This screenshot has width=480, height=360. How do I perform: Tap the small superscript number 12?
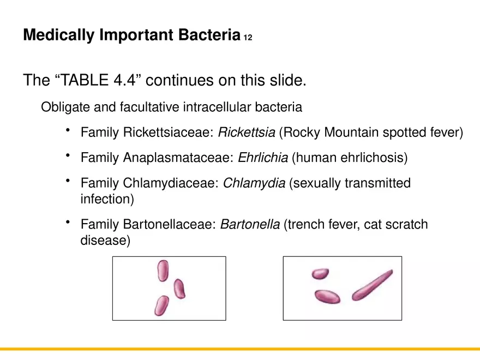(x=248, y=38)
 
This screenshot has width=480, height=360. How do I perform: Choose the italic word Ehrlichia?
(x=263, y=158)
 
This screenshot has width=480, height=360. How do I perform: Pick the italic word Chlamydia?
(x=254, y=183)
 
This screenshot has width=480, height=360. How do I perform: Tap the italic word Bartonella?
(x=250, y=224)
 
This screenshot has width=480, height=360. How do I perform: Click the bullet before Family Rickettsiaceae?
(x=68, y=130)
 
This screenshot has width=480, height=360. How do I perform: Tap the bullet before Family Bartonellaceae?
(x=68, y=223)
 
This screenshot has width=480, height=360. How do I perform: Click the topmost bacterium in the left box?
(x=163, y=271)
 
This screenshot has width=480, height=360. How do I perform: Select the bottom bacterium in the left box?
(x=161, y=305)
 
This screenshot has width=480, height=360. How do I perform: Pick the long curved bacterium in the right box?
(x=372, y=285)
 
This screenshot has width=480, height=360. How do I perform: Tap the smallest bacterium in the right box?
(x=320, y=273)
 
